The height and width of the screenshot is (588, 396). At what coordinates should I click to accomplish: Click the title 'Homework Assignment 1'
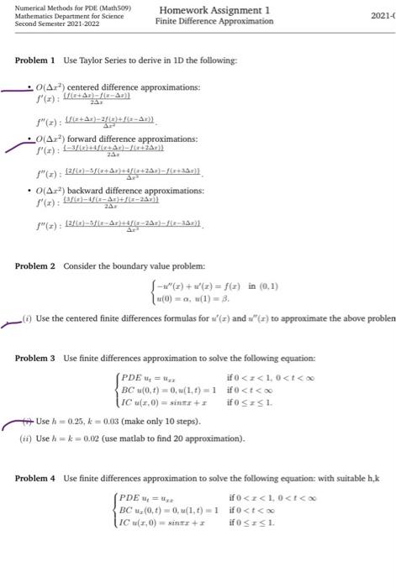pos(214,9)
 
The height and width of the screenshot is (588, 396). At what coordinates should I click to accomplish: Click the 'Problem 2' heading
pos(34,266)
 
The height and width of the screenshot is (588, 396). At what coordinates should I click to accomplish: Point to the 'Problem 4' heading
pos(34,478)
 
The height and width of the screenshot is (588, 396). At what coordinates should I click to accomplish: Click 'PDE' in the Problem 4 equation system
pos(131,497)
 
